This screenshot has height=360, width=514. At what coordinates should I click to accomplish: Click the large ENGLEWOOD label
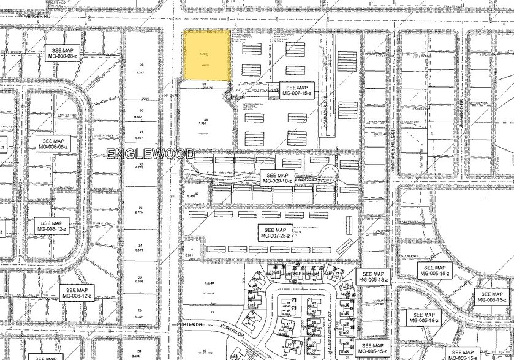(x=150, y=154)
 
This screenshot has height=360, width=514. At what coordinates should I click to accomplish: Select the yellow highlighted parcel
(x=208, y=55)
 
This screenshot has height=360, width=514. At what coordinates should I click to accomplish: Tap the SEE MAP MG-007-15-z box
(x=297, y=89)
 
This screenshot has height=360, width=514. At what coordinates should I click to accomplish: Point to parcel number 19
(x=142, y=65)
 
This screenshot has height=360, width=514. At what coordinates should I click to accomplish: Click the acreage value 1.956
(x=206, y=124)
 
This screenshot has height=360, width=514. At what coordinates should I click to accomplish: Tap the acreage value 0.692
(x=140, y=281)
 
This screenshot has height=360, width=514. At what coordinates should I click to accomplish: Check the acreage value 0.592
(x=141, y=317)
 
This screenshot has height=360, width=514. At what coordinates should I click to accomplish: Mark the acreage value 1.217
(x=142, y=73)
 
